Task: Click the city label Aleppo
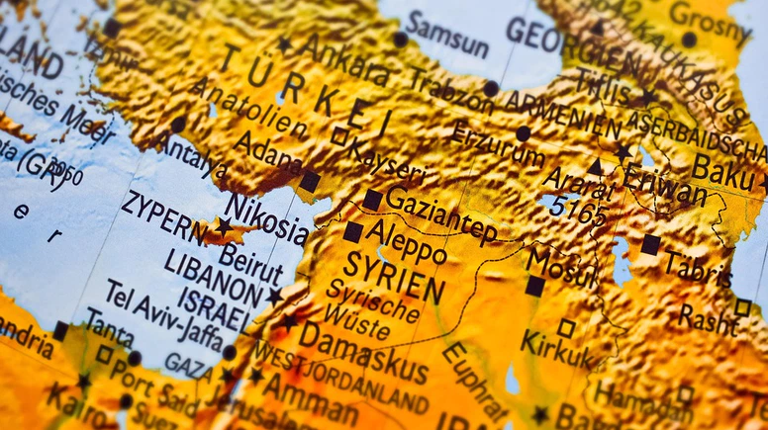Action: [x=406, y=241]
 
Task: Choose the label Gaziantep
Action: [x=441, y=214]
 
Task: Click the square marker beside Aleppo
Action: [x=353, y=231]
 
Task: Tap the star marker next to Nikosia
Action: [x=225, y=226]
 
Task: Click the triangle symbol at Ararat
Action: [x=596, y=167]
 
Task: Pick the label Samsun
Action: [x=447, y=34]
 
